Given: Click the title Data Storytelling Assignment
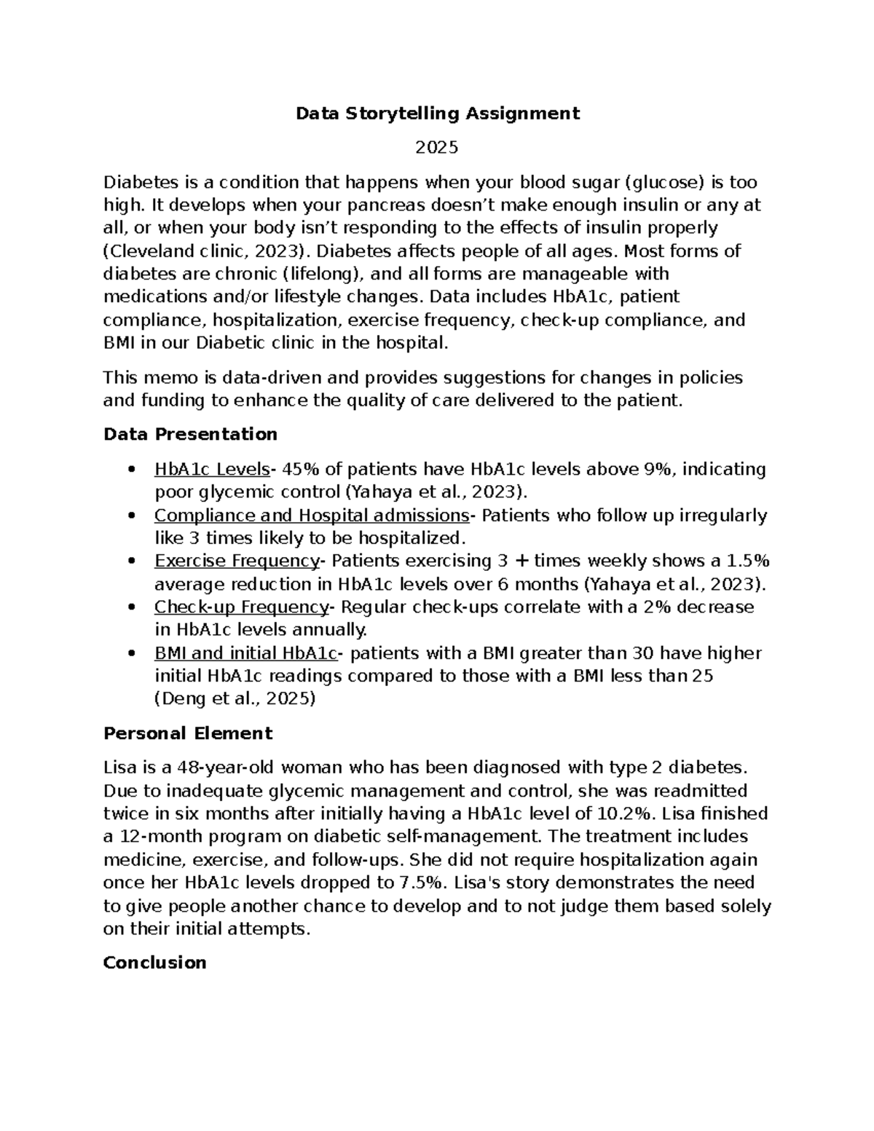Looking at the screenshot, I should click(x=437, y=114).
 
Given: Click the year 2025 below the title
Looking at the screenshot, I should click(x=437, y=148).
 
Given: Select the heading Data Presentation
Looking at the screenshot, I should click(x=190, y=435).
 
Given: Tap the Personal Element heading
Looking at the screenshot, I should click(x=188, y=733).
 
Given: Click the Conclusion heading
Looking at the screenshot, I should click(x=154, y=963).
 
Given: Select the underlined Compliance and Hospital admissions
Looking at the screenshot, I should click(x=312, y=516).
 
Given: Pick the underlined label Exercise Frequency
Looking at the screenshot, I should click(x=237, y=561).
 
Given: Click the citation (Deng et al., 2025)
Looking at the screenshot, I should click(x=235, y=699).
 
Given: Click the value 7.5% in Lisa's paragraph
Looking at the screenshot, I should click(x=421, y=883).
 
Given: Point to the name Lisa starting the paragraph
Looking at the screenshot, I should click(x=119, y=768).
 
